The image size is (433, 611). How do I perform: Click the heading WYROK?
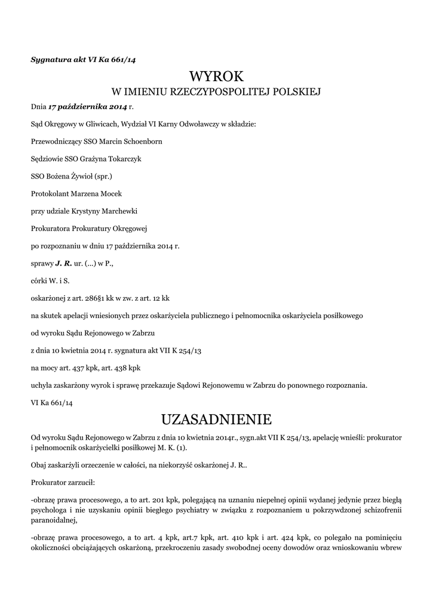coord(216,76)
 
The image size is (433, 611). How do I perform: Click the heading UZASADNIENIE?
coord(216,416)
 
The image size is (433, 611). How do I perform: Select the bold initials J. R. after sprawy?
coord(63,263)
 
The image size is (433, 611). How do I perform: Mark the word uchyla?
coord(41,385)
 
